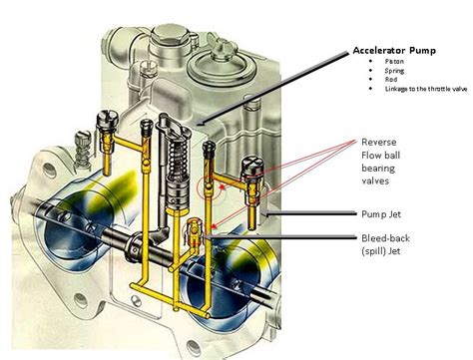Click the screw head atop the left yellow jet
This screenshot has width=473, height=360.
[x=103, y=118]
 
